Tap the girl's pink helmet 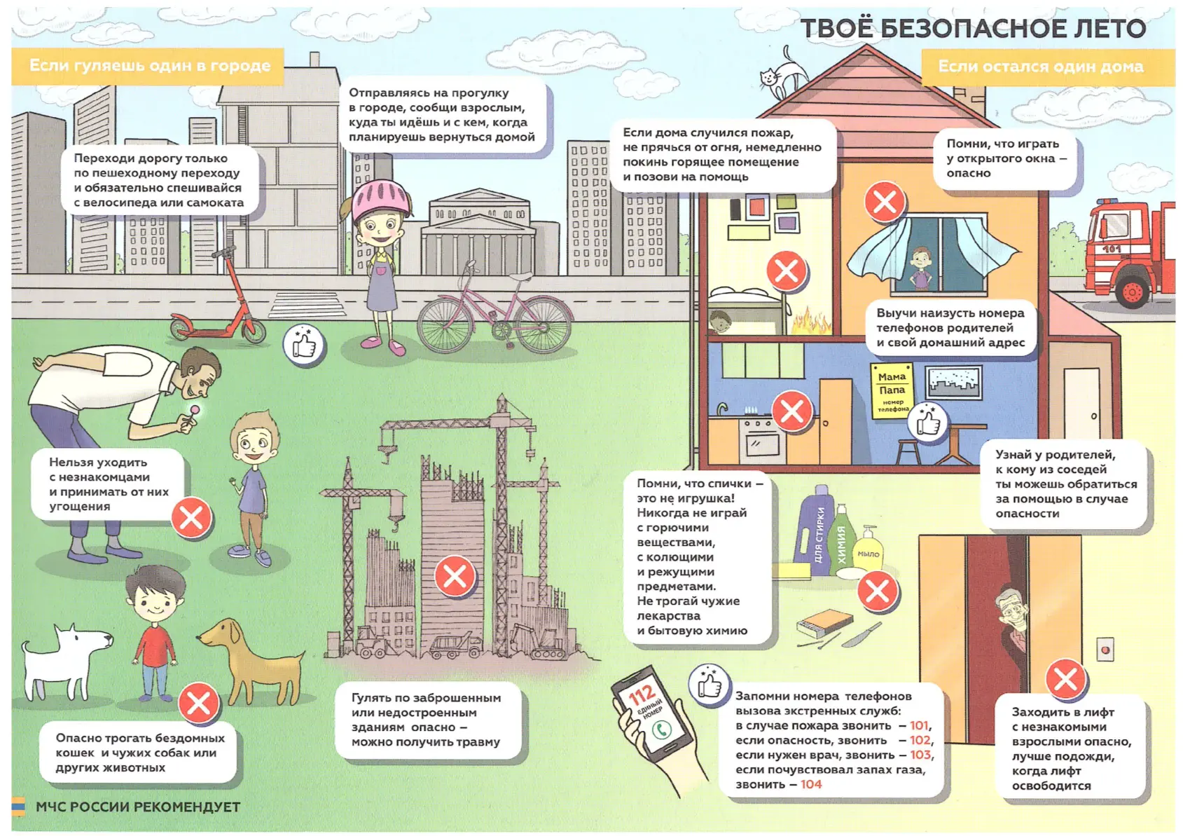tap(381, 199)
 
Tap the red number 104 tap(811, 784)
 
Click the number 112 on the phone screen tap(641, 693)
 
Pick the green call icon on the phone tap(661, 729)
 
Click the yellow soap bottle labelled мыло tap(868, 549)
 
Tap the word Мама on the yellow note tap(892, 377)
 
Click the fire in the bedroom tap(810, 320)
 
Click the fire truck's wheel tap(1133, 292)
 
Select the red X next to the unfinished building tap(454, 576)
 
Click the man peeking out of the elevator tap(1011, 634)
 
